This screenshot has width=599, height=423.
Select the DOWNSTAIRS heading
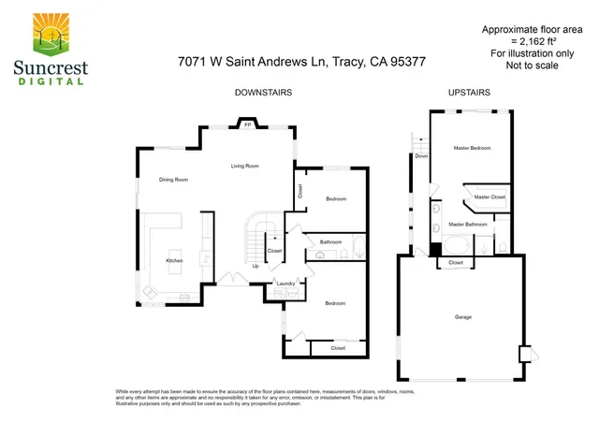point(263,93)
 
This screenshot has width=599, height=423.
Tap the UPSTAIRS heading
point(470,93)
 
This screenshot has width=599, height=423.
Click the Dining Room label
point(173,180)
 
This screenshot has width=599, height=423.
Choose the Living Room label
point(245,166)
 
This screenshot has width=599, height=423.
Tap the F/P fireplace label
point(247,124)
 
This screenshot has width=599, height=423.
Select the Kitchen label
point(174,260)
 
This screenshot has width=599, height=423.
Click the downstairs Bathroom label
point(330,242)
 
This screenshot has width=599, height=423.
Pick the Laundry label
point(285,283)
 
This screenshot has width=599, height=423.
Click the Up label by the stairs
point(256,266)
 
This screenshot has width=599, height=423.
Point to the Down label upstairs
point(421,156)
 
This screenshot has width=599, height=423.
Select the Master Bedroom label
point(472,148)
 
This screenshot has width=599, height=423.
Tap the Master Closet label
point(489,197)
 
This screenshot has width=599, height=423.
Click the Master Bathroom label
point(467,225)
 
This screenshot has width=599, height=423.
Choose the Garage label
point(462,317)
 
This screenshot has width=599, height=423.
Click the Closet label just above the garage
point(456,263)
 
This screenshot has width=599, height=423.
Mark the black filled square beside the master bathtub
point(434,250)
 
